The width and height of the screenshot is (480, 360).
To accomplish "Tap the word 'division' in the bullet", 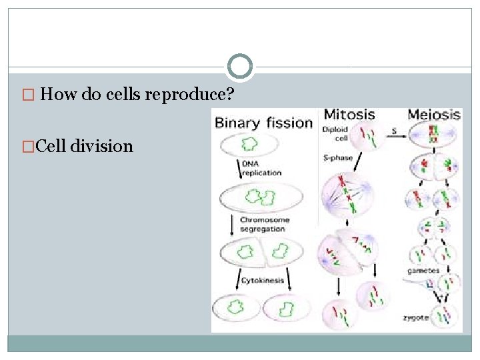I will pyautogui.click(x=101, y=146).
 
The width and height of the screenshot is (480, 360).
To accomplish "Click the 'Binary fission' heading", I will pyautogui.click(x=263, y=123).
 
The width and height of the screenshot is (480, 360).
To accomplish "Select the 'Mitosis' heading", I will pyautogui.click(x=349, y=115).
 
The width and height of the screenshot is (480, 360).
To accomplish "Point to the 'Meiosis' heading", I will pyautogui.click(x=434, y=115).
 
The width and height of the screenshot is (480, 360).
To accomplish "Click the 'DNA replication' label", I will pyautogui.click(x=261, y=169).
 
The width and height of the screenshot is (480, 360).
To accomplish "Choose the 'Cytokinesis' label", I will pyautogui.click(x=263, y=280).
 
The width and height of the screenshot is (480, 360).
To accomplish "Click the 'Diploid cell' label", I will pyautogui.click(x=334, y=133).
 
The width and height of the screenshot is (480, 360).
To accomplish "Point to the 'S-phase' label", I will pyautogui.click(x=337, y=158).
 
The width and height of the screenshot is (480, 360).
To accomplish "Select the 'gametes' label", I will pyautogui.click(x=424, y=271).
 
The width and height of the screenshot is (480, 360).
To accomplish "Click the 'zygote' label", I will pyautogui.click(x=416, y=317).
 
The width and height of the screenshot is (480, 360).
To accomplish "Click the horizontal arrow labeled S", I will pyautogui.click(x=394, y=136).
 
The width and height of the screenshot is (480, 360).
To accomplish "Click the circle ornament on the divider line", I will pyautogui.click(x=240, y=66).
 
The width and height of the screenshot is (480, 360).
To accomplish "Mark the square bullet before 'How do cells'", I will pyautogui.click(x=27, y=95).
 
